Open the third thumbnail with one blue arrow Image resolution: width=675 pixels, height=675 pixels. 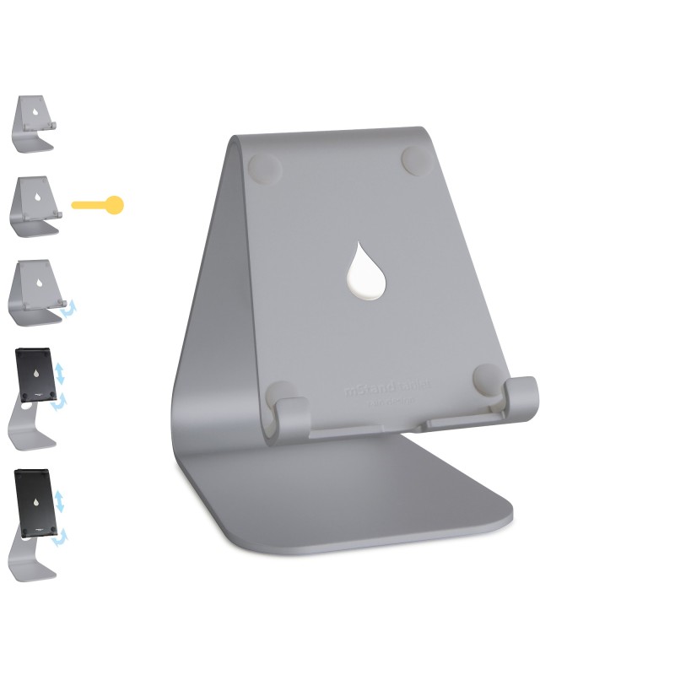(x=36, y=292)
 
